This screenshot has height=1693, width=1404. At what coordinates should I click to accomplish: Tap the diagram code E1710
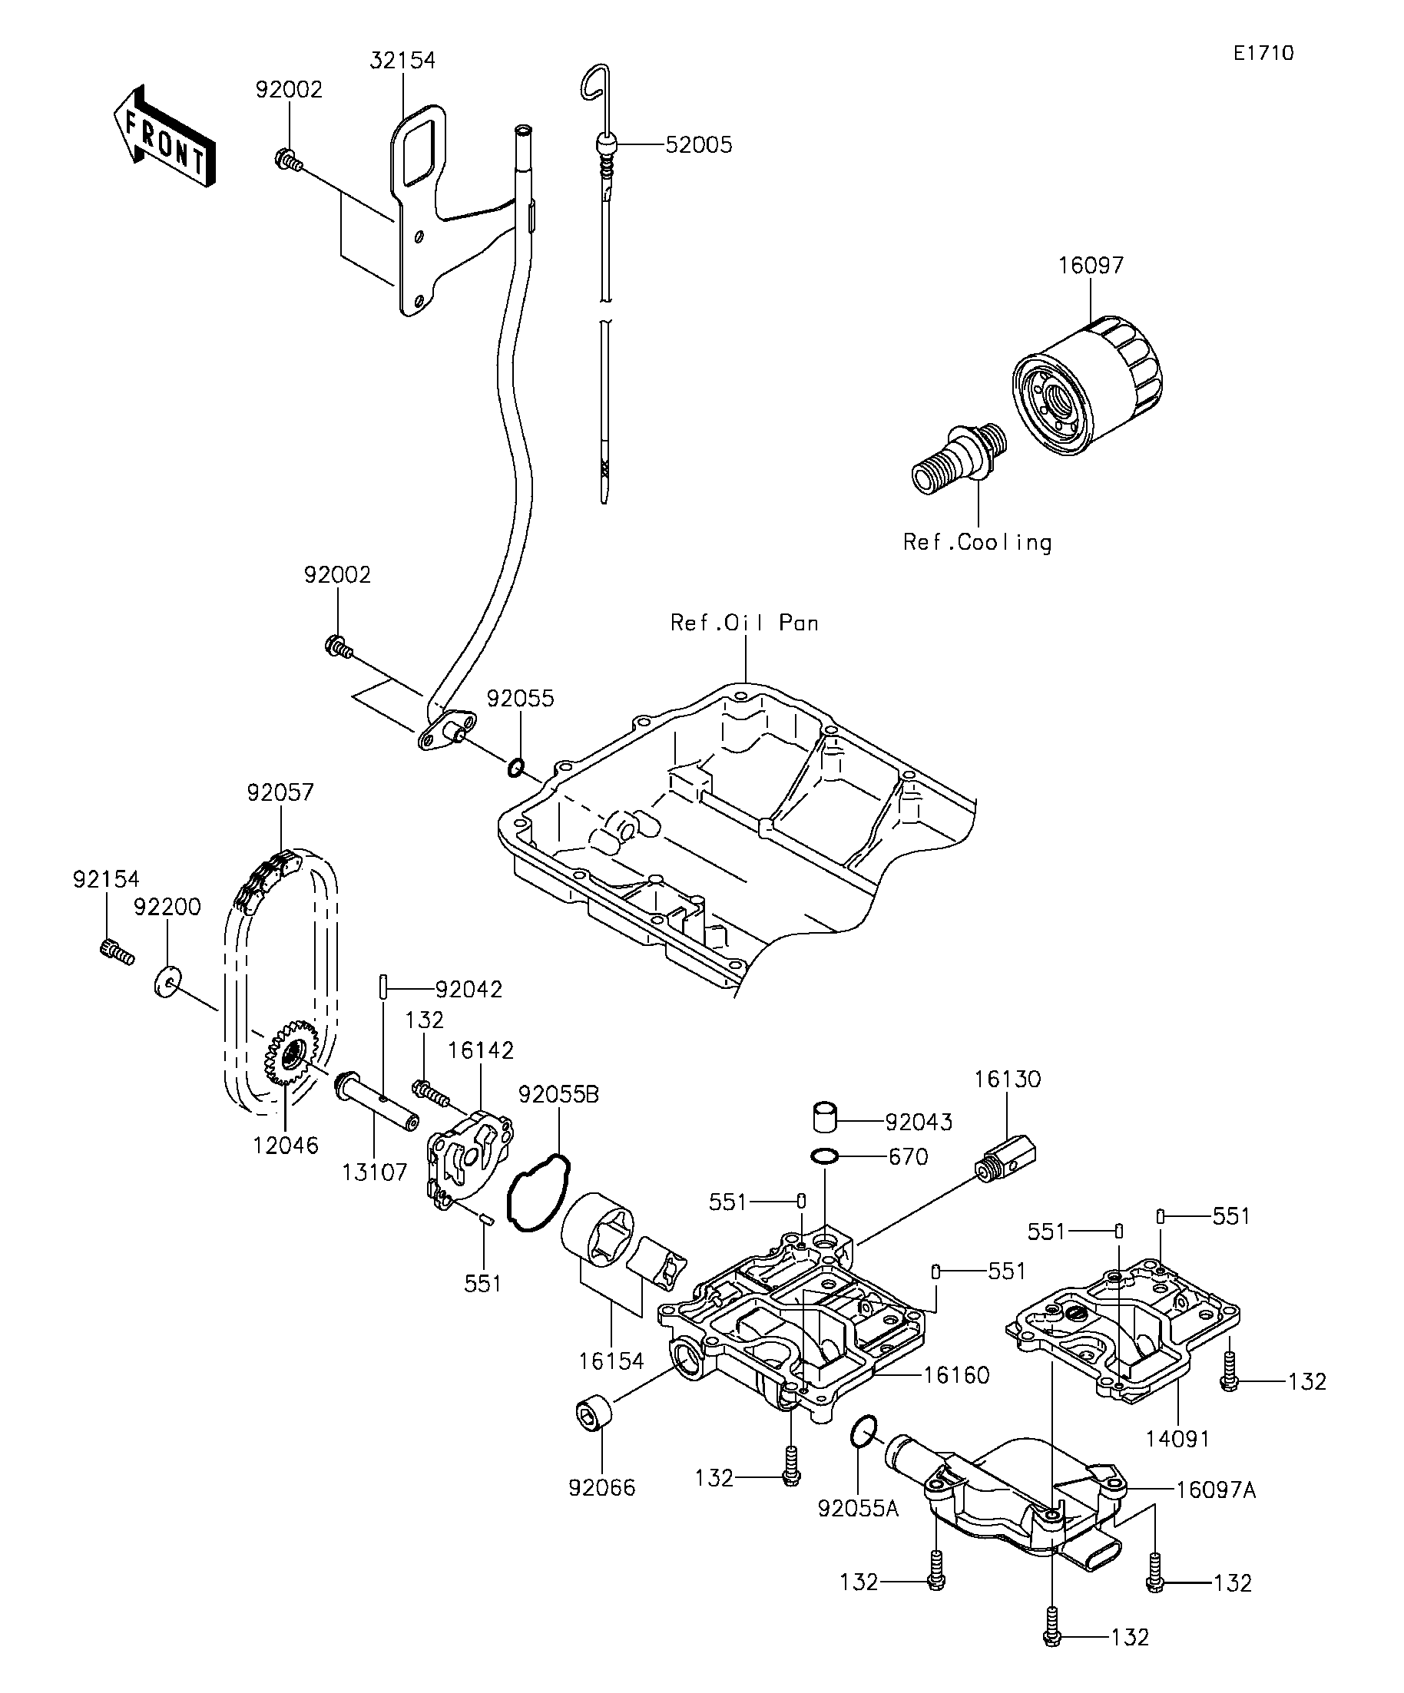click(x=1263, y=53)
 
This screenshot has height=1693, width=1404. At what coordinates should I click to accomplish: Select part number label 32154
click(x=402, y=61)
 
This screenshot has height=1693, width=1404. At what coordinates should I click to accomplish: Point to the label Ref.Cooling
click(x=978, y=542)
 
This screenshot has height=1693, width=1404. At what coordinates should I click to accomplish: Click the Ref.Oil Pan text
click(x=744, y=623)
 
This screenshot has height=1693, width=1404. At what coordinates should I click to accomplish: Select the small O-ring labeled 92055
click(x=516, y=768)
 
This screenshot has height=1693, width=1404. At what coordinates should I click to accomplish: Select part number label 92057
click(x=280, y=792)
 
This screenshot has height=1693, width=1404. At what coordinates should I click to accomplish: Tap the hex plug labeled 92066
click(x=594, y=1414)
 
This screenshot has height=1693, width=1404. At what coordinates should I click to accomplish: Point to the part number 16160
click(x=955, y=1374)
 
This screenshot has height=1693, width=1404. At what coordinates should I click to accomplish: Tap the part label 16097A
click(x=1215, y=1490)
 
